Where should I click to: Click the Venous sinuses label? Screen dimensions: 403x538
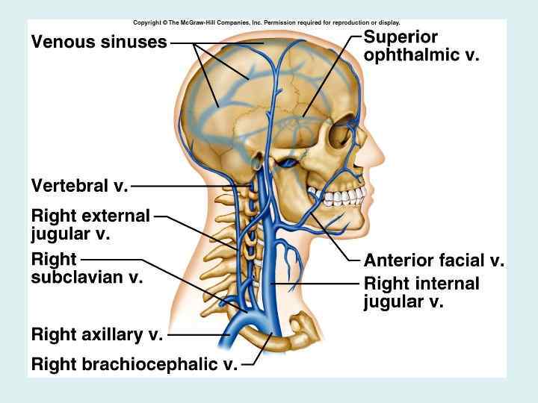point(99,42)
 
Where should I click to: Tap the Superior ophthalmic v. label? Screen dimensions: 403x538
point(421,46)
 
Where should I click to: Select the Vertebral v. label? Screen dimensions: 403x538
point(79,185)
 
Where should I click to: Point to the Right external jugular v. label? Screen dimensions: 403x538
point(90,224)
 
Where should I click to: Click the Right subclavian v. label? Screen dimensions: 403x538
point(87,268)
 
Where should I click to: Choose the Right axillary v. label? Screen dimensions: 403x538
point(97,335)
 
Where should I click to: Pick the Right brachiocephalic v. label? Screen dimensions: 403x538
point(134,364)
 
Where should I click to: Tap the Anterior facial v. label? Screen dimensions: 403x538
point(433,260)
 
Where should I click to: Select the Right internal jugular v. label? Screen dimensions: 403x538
point(421,293)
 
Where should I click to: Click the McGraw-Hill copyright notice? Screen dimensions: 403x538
point(266,22)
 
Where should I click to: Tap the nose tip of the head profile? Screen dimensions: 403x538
point(382,159)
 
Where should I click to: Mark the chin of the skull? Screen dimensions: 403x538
point(357,224)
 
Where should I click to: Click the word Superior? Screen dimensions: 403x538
point(401,37)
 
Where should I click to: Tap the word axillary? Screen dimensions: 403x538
point(109,335)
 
